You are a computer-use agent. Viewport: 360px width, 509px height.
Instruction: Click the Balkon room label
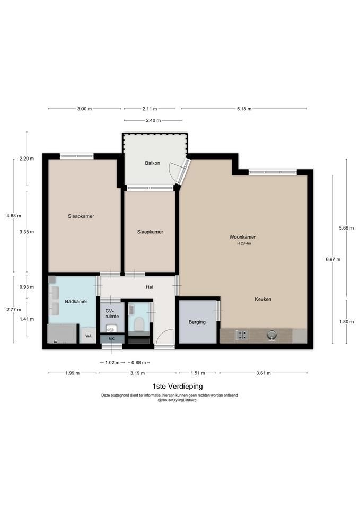point(152,163)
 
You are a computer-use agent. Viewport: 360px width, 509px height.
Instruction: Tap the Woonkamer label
point(242,237)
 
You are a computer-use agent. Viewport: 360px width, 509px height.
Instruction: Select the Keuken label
point(263,299)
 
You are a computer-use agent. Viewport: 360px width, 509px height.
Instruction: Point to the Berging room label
point(197,322)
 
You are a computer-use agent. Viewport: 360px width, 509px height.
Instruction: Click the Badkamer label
point(76,301)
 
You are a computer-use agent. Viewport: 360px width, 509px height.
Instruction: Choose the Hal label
point(150,287)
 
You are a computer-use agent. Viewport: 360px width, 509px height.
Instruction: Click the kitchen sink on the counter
point(271,335)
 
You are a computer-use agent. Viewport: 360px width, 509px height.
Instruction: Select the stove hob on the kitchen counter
point(242,335)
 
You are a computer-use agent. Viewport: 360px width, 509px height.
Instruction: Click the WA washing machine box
point(89,336)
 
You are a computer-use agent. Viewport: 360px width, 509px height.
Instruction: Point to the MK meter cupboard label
point(111,339)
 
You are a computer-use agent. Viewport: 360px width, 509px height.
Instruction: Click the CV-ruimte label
point(112,313)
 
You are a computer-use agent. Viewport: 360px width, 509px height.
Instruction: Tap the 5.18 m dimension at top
point(244,109)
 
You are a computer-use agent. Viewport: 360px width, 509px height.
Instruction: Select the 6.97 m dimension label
point(333,259)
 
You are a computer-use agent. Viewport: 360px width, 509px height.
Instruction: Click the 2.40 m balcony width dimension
point(153,120)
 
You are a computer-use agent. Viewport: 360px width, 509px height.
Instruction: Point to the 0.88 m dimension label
point(138,362)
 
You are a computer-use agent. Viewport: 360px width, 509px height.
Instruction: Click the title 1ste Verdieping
point(178,387)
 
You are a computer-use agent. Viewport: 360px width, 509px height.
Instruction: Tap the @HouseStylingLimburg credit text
point(177,400)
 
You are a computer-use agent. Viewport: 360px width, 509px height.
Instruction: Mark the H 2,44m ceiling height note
point(244,243)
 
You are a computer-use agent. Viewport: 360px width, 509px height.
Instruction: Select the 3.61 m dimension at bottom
point(264,373)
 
